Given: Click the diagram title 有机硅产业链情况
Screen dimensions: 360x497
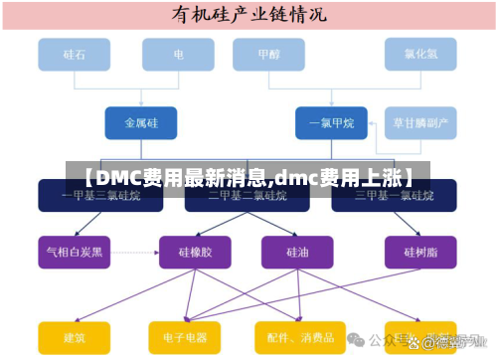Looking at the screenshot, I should [x=248, y=15].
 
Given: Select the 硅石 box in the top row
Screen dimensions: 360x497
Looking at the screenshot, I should [x=75, y=56].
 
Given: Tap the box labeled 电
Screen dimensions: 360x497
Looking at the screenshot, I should [x=178, y=56].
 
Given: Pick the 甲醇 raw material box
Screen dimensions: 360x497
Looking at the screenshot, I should [x=268, y=56].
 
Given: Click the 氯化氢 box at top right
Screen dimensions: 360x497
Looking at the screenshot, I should [x=419, y=56].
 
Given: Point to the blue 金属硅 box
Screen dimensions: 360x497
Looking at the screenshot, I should [x=142, y=123].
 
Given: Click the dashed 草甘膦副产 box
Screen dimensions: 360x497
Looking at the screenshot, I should [x=420, y=123].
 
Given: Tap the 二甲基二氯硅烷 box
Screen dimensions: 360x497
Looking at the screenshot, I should [x=248, y=196].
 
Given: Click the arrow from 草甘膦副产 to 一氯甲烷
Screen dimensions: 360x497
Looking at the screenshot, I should [x=375, y=123].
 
